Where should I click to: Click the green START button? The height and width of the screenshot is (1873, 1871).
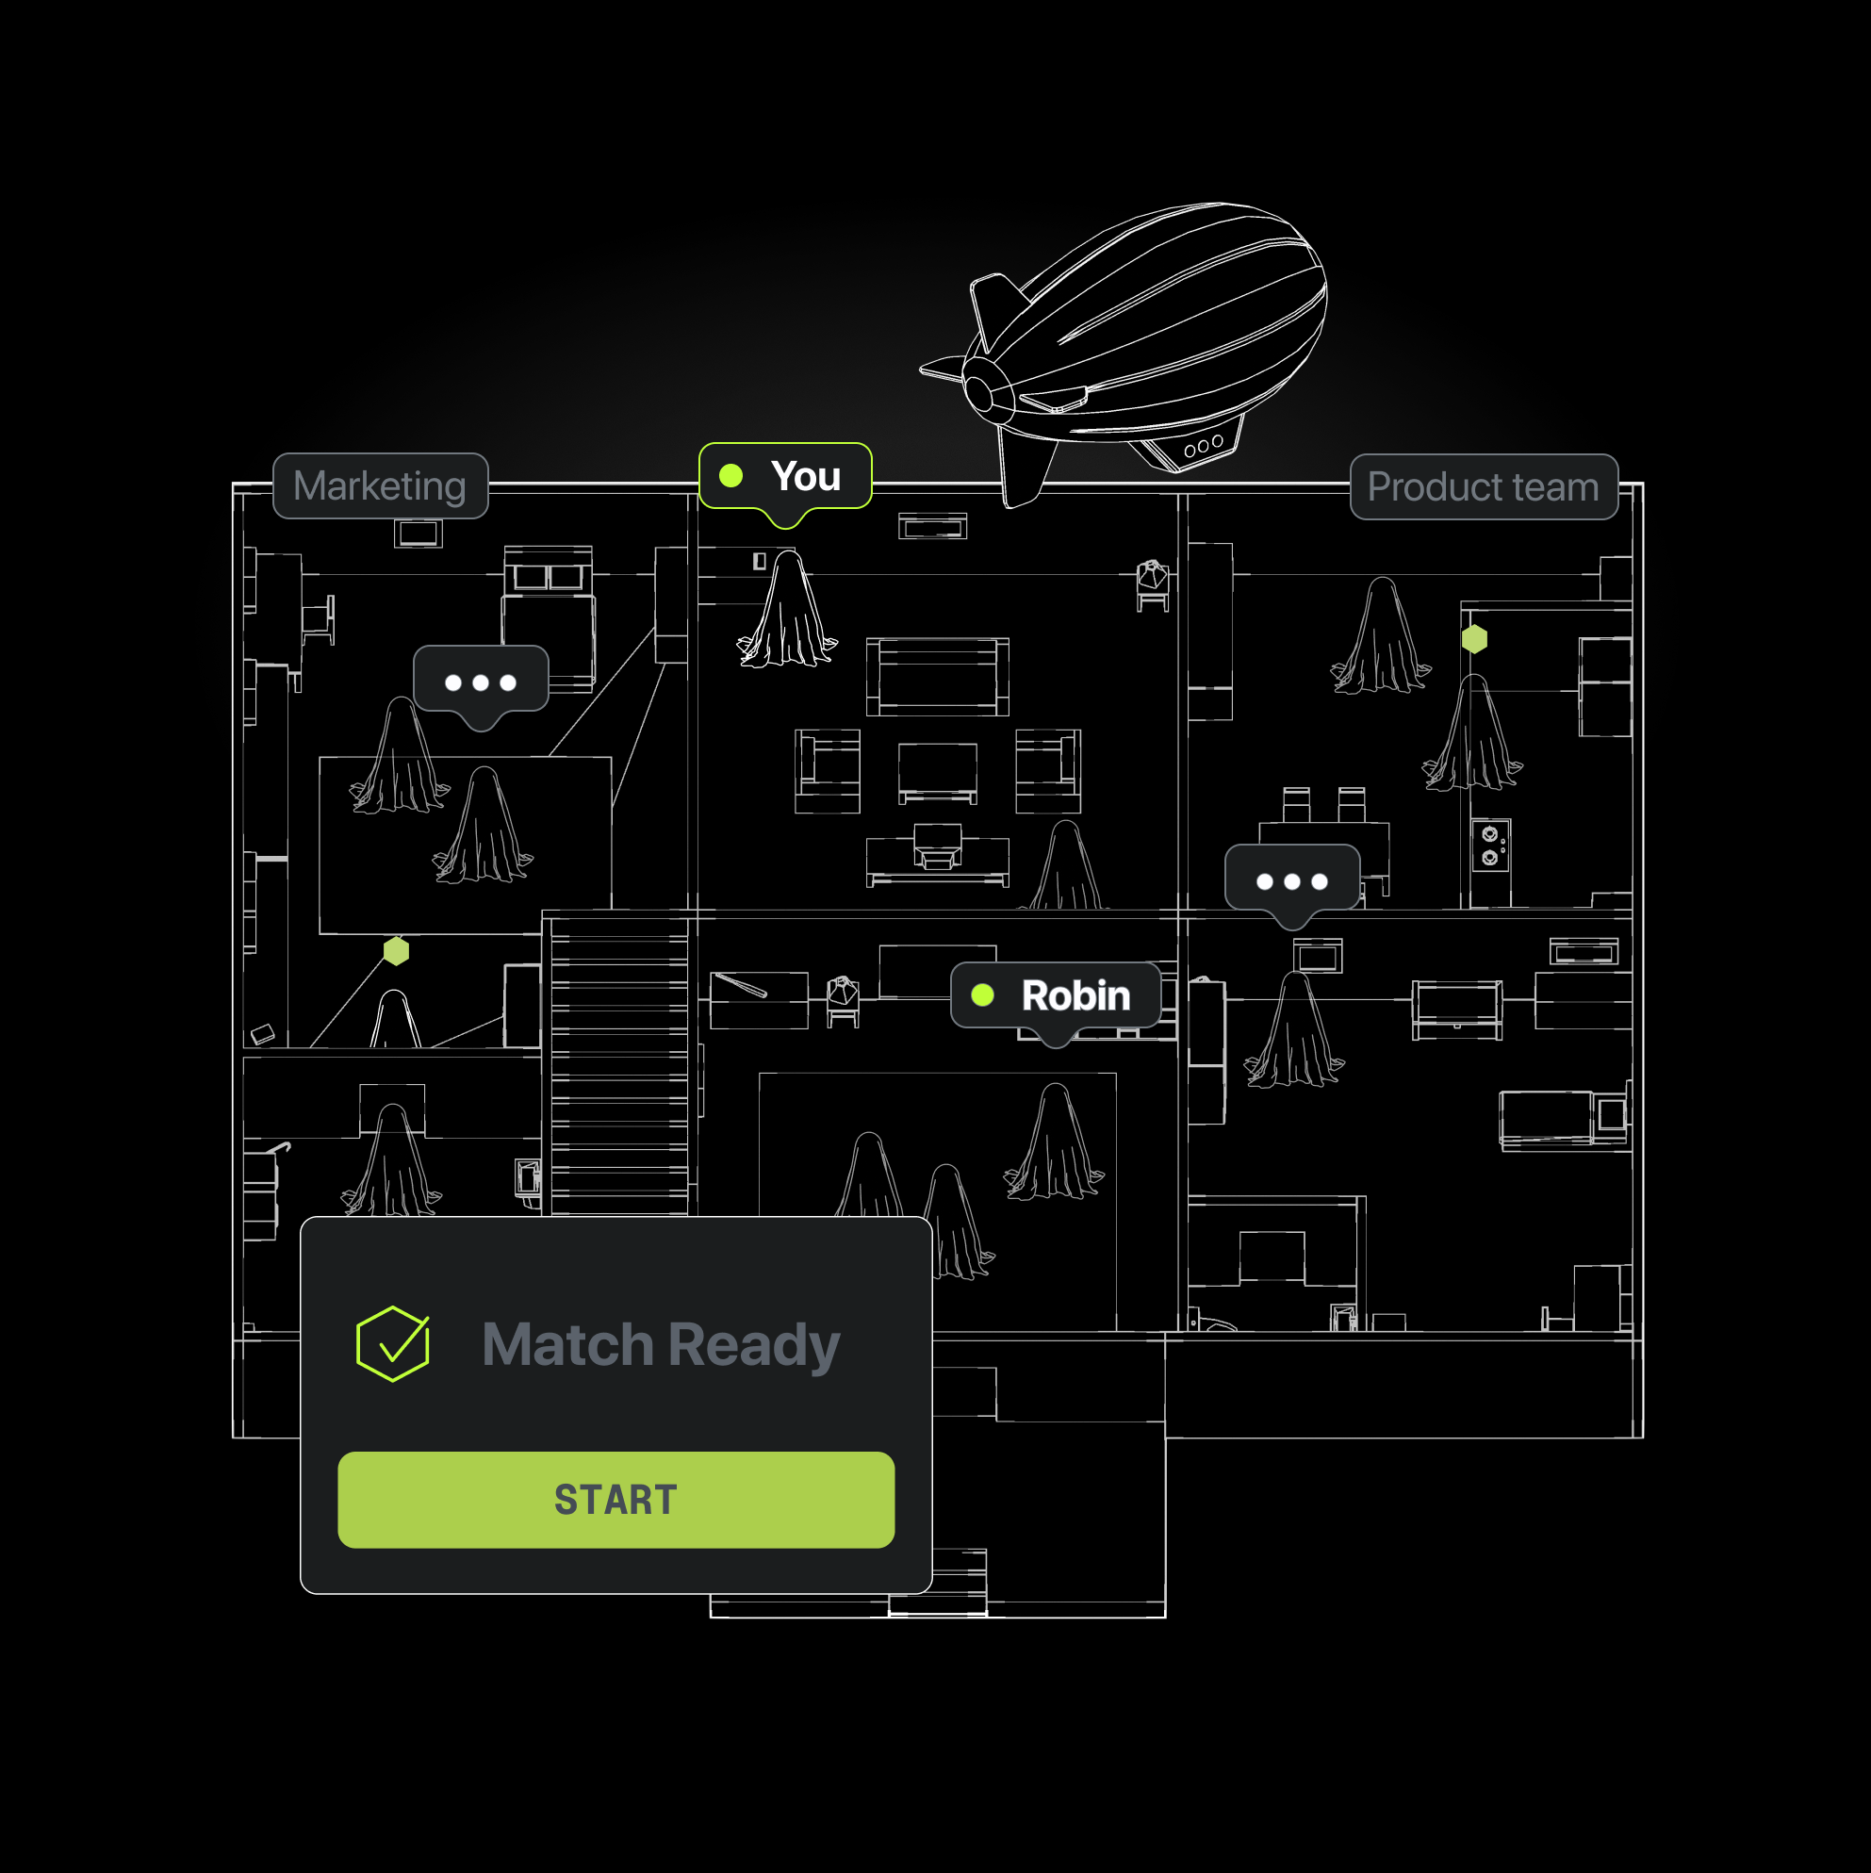[x=615, y=1499]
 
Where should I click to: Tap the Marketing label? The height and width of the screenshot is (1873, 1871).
[x=380, y=485]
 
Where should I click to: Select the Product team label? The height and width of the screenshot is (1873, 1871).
[x=1484, y=486]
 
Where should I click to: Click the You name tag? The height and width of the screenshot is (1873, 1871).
[x=785, y=476]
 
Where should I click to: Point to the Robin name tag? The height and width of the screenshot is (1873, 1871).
[x=1056, y=995]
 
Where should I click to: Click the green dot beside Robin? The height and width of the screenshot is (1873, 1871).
[x=982, y=995]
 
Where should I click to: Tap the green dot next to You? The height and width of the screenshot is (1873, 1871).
[x=730, y=476]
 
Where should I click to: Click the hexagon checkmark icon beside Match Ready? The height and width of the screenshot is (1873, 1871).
[x=393, y=1343]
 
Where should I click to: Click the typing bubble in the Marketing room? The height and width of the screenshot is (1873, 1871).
[x=481, y=682]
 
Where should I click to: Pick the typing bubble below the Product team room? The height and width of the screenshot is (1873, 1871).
[x=1291, y=881]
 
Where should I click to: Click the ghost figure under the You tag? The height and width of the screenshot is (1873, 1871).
[x=787, y=611]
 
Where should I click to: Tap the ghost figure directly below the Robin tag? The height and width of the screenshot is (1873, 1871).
[x=1055, y=1144]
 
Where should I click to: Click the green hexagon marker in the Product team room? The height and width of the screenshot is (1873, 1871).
[x=1474, y=639]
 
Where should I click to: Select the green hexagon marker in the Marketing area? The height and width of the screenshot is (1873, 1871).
[x=397, y=951]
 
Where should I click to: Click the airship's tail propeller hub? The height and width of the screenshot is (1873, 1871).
[x=979, y=394]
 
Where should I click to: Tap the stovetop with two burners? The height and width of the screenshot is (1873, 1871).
[x=1490, y=846]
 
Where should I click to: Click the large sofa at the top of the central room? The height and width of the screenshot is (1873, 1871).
[x=938, y=676]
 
